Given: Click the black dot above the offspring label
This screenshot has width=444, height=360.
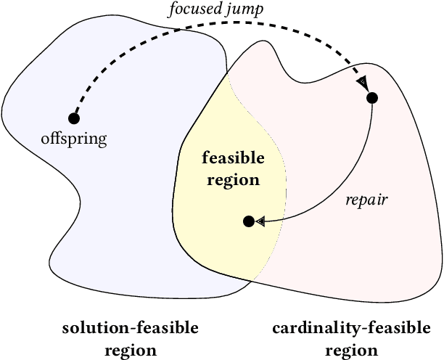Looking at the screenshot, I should point(73,118).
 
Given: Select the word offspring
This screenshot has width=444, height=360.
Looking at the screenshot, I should point(73,139).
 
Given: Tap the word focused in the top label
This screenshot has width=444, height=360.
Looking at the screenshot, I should point(188,10).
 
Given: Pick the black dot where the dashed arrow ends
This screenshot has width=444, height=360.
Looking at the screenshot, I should point(372,97).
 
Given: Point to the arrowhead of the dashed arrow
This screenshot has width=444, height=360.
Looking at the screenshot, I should point(361,85).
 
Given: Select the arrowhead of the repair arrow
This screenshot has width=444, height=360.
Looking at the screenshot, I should point(260,222).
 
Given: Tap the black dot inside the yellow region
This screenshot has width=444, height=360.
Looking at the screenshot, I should point(248,221).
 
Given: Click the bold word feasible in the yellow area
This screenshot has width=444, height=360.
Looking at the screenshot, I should point(233,158).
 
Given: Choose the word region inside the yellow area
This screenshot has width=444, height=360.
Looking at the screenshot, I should point(232,179).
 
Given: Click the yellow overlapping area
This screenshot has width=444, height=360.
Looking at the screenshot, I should point(218,240).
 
